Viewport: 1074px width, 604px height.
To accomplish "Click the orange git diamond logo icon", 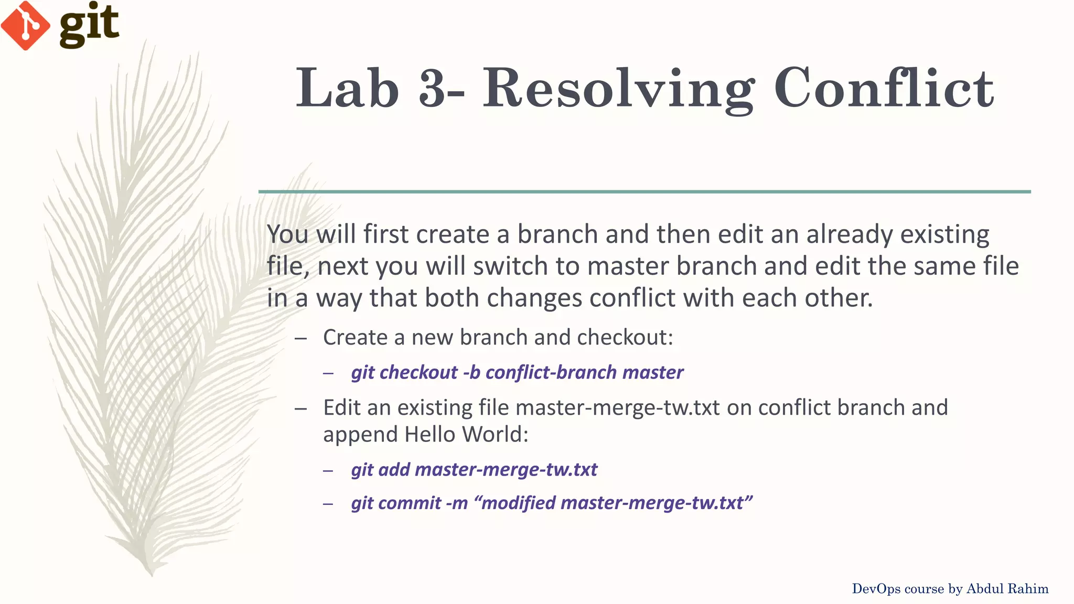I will (25, 26).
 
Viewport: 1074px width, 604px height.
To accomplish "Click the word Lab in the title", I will (348, 88).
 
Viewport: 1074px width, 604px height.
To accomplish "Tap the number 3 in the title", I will (433, 88).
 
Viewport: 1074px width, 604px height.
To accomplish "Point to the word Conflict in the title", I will (884, 88).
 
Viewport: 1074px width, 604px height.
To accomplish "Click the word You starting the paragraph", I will (287, 234).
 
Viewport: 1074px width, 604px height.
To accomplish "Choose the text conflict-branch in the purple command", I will (551, 372).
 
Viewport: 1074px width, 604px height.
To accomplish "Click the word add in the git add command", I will (394, 469).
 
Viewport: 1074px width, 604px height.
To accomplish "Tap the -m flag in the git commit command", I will (456, 503).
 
